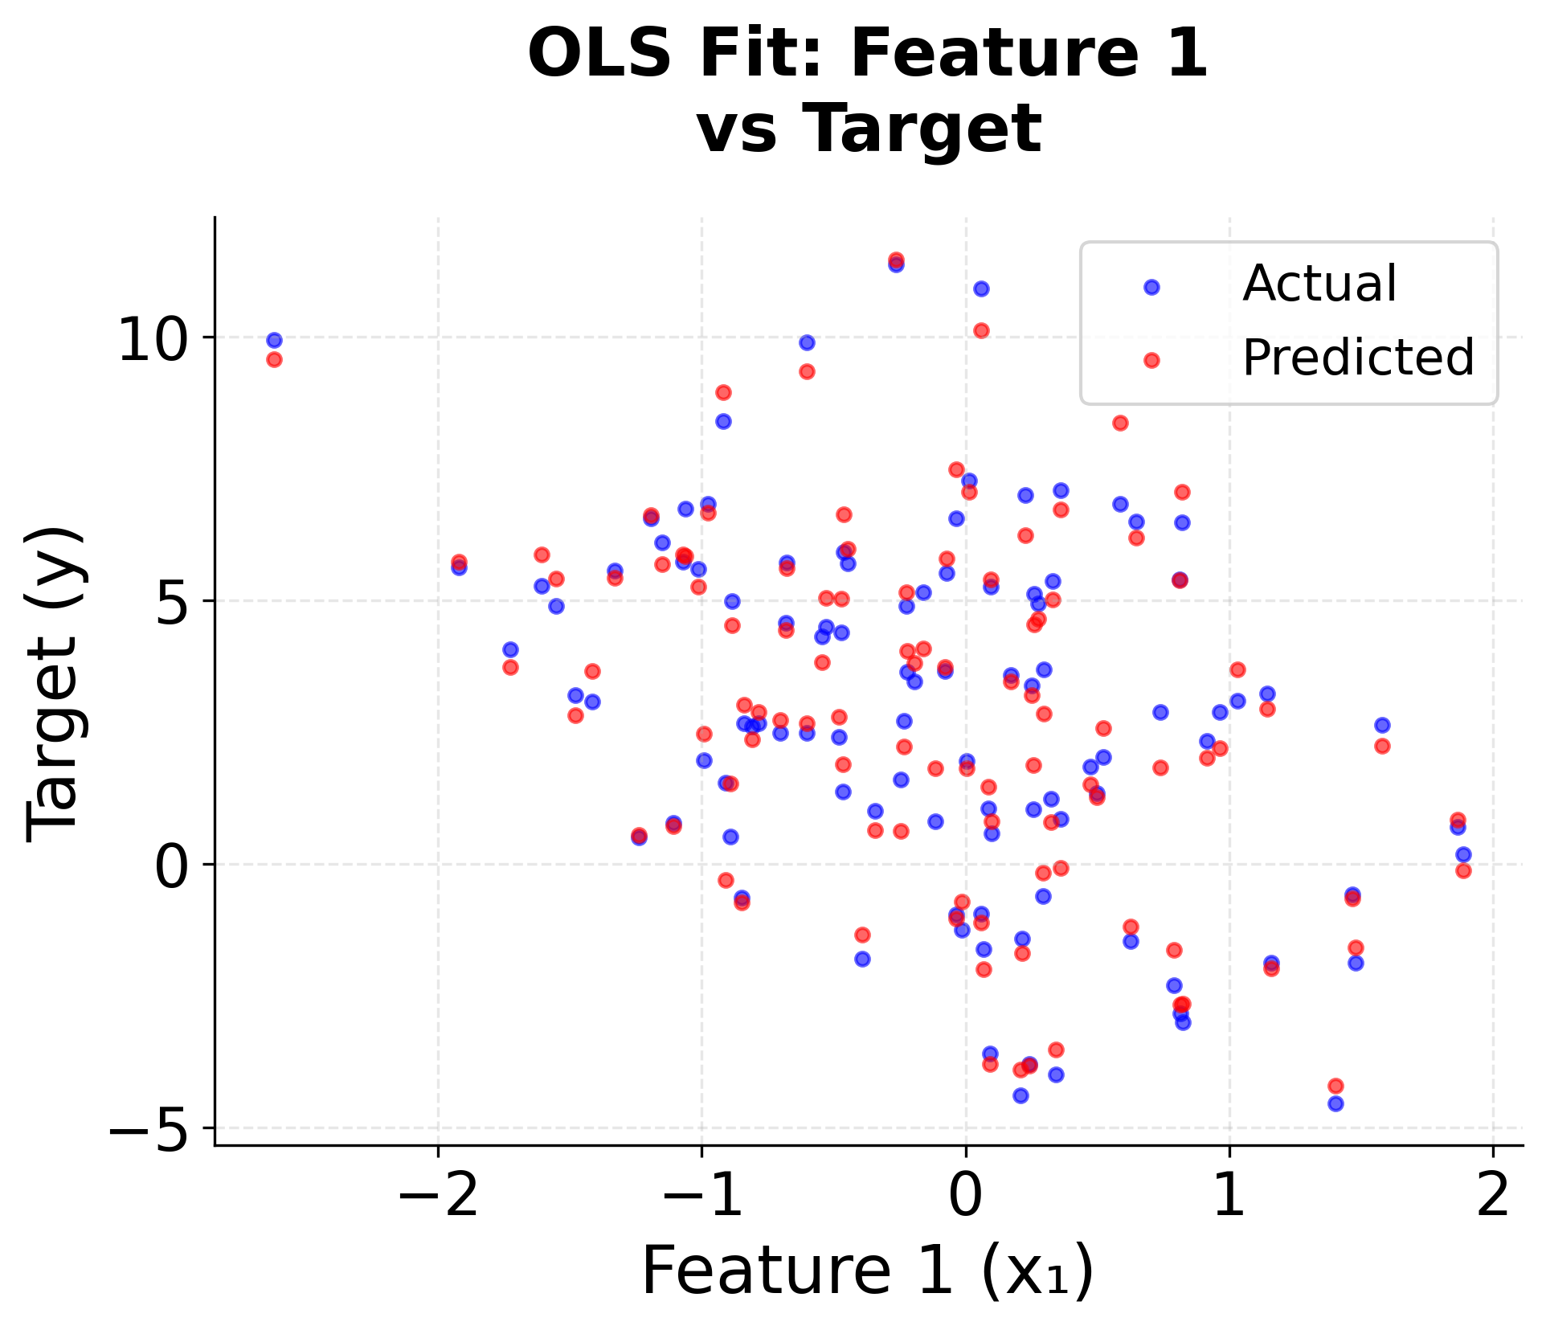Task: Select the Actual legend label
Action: [x=1319, y=284]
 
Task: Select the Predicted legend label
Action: [x=1357, y=358]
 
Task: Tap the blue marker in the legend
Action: [x=1151, y=287]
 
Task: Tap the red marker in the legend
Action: [x=1151, y=360]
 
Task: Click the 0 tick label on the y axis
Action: [x=175, y=866]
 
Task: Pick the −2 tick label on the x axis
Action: [x=438, y=1196]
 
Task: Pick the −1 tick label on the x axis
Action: [x=701, y=1196]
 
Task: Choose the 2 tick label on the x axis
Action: [x=1493, y=1196]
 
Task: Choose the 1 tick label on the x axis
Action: [x=1229, y=1196]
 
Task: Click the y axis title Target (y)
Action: [x=55, y=683]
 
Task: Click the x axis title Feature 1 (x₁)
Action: [x=868, y=1271]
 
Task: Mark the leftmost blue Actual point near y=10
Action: [x=274, y=340]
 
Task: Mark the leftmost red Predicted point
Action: [x=274, y=359]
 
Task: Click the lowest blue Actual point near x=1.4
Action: [x=1335, y=1103]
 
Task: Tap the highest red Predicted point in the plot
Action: [x=896, y=260]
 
